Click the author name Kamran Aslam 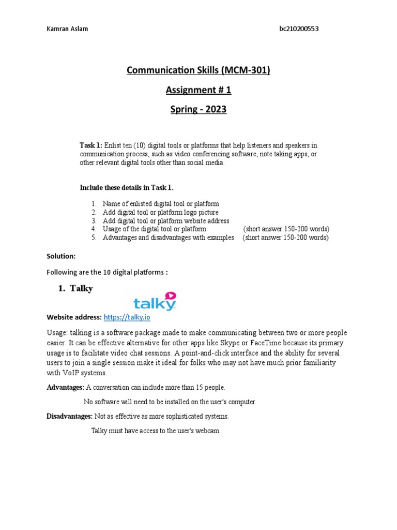[67, 28]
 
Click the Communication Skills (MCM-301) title [198, 70]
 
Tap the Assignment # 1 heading [198, 90]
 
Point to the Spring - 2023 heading [198, 110]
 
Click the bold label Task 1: [91, 145]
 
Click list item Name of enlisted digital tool [161, 204]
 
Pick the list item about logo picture [160, 212]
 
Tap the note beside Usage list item [286, 229]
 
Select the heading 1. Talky [75, 289]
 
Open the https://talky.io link [127, 317]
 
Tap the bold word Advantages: [66, 387]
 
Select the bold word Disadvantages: [70, 416]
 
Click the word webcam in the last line [208, 431]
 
